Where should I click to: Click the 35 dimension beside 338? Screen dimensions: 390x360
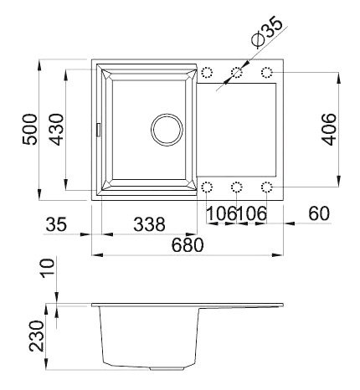[56, 224]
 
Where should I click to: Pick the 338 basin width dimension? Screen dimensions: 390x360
[148, 224]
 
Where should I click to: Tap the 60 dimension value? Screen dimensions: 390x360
[318, 214]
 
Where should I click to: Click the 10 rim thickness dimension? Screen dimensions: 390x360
[47, 268]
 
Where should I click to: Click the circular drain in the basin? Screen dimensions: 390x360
[165, 130]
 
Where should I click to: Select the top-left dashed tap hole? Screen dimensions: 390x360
[208, 73]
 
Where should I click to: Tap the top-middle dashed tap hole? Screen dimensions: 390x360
[238, 73]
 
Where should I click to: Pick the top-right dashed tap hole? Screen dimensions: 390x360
[267, 73]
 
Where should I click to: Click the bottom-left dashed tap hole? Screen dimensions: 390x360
[208, 186]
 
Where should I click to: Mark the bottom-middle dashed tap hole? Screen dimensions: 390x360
[238, 186]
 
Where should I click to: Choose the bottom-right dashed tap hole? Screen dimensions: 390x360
[267, 186]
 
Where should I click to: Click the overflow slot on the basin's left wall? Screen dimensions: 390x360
[98, 129]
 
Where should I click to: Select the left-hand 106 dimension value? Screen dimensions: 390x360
[221, 214]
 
